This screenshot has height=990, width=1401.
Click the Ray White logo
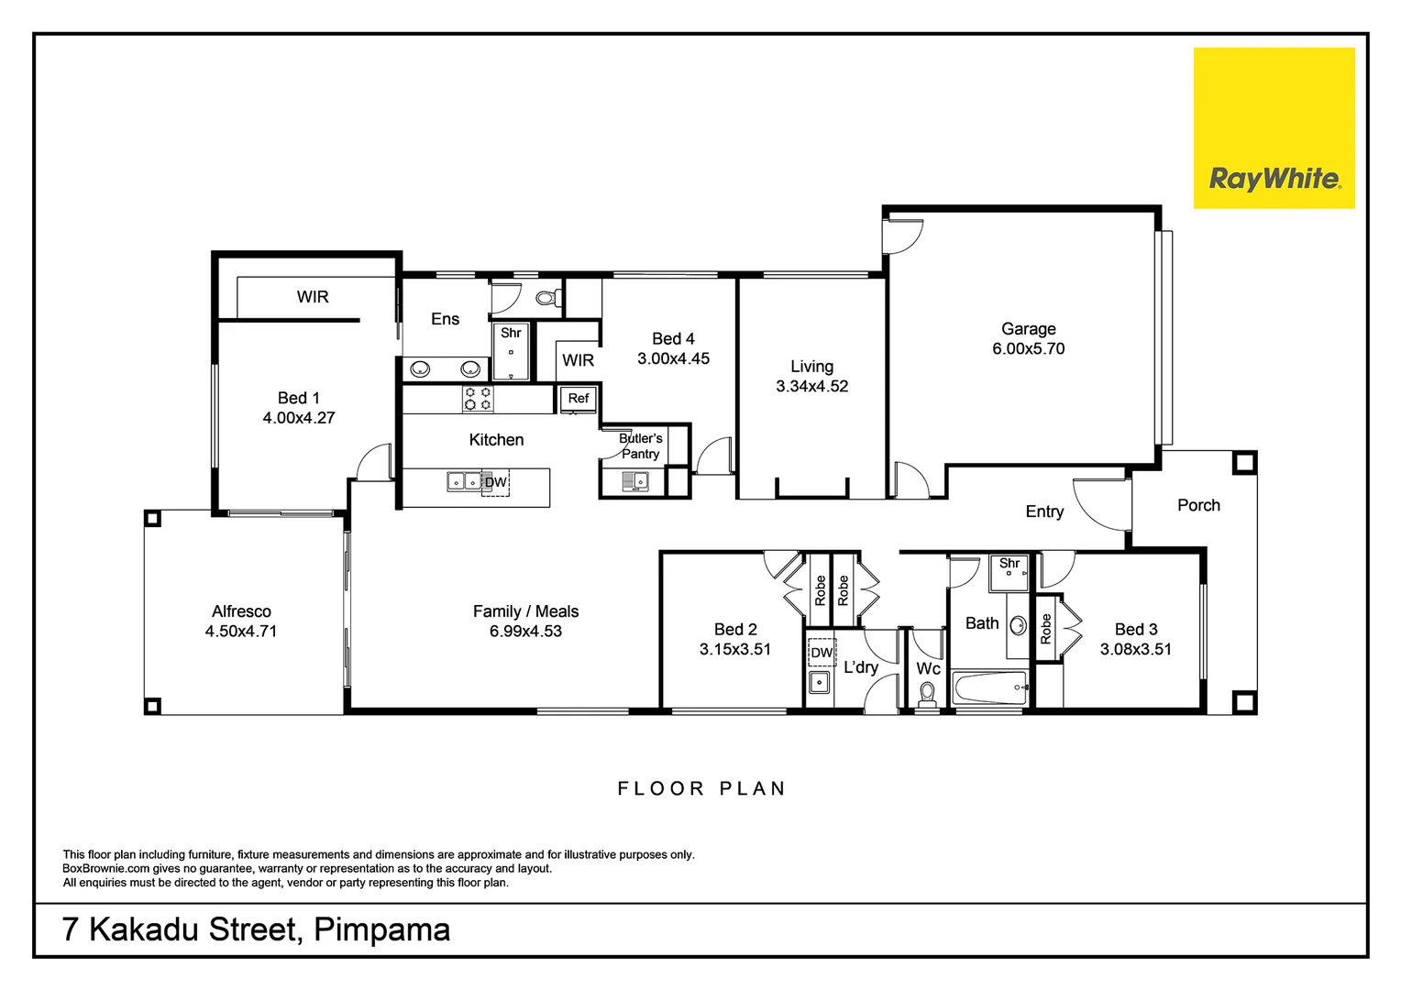(1274, 128)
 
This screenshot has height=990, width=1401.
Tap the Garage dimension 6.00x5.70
(1028, 349)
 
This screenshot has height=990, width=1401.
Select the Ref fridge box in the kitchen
(579, 399)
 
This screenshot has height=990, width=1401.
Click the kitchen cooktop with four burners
(477, 399)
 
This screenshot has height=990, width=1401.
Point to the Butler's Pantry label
(640, 446)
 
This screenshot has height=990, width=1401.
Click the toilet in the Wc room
(928, 692)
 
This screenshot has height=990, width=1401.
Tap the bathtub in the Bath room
(988, 687)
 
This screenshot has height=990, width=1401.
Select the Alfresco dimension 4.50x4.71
(241, 632)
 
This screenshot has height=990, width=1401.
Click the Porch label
(1197, 505)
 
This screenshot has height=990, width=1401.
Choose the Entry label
(1044, 511)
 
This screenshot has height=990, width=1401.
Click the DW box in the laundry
(822, 653)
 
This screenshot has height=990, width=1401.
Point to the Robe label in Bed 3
(1046, 629)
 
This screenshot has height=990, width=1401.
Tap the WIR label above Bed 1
(313, 297)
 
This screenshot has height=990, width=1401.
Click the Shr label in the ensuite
(511, 334)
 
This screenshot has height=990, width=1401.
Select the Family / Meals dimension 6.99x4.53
(525, 632)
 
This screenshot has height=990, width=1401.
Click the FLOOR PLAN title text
(701, 788)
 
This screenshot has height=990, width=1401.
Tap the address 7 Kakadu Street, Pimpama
(256, 929)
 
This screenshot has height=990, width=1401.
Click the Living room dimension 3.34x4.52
(811, 387)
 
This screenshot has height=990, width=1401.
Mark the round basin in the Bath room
(1018, 625)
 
